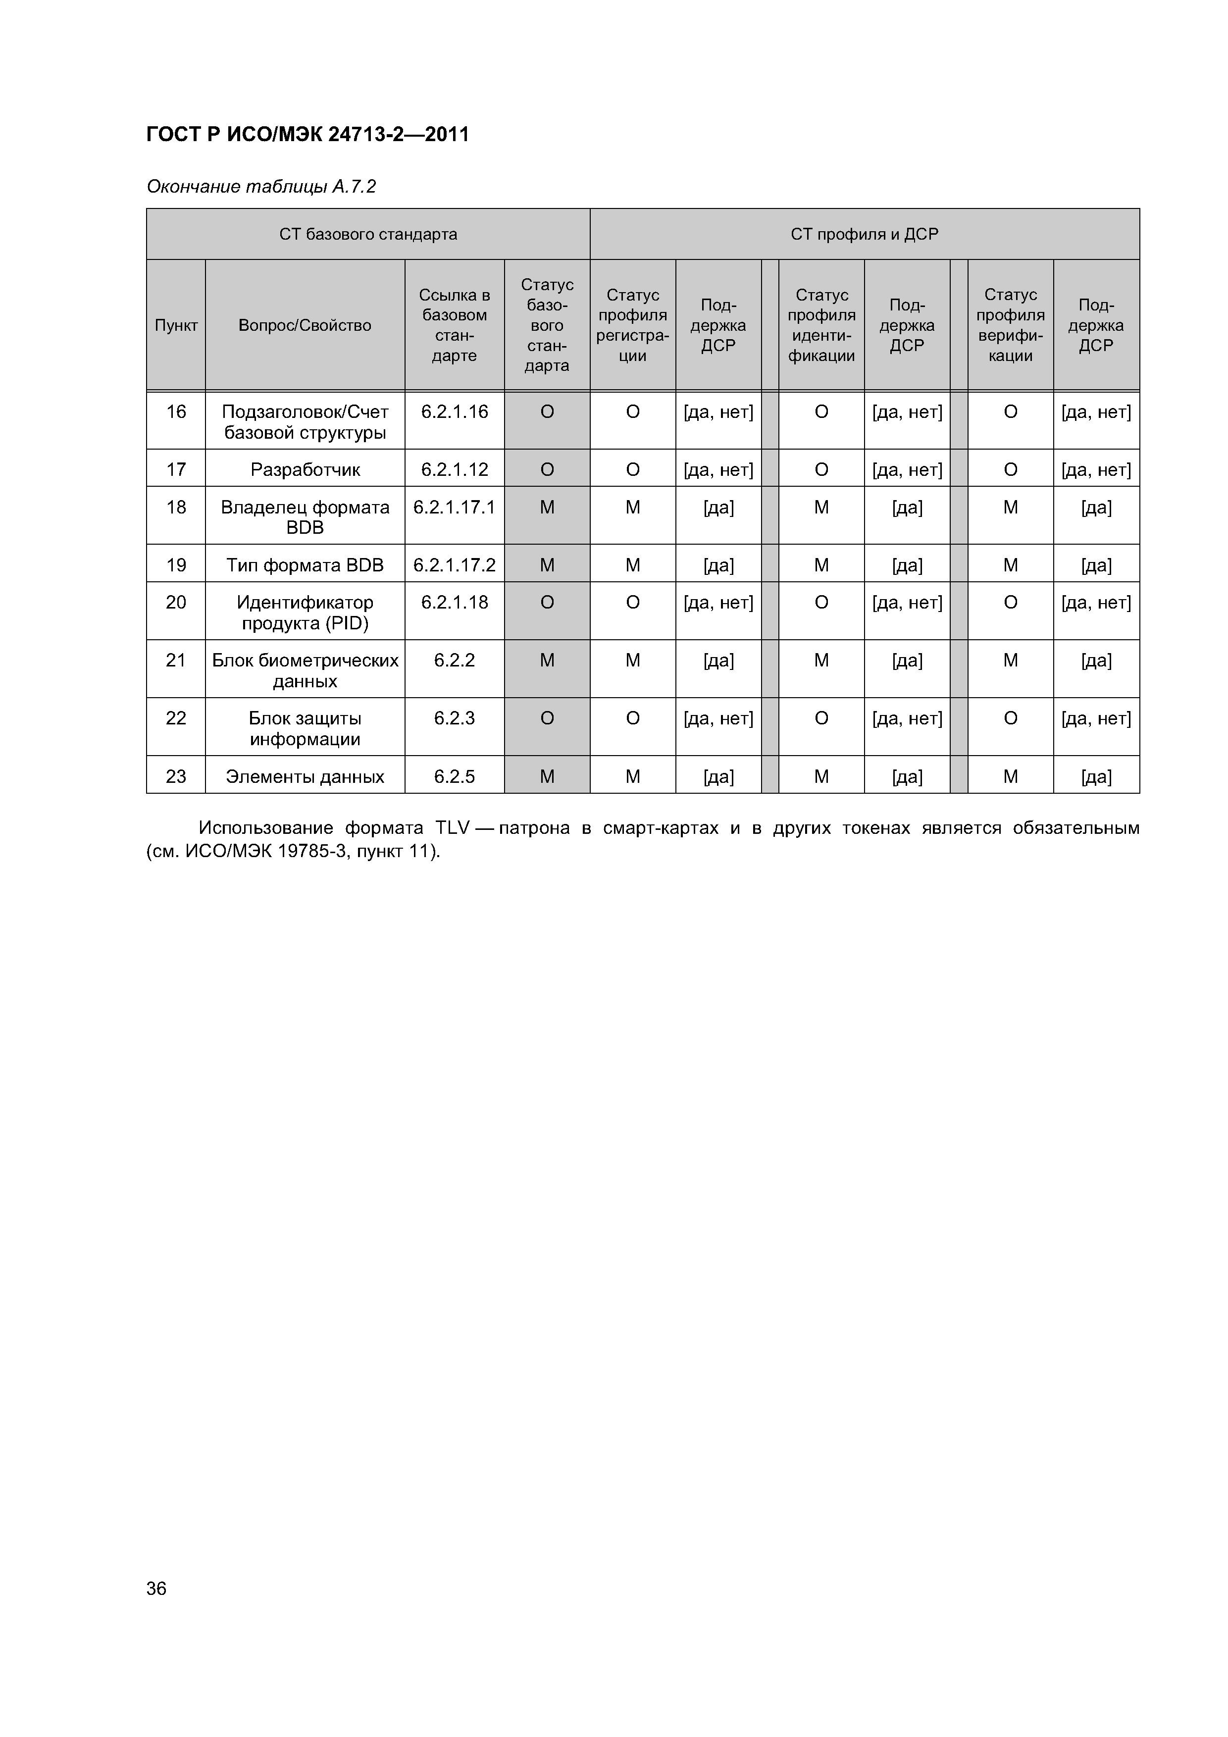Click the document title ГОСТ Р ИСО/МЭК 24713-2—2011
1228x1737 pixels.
click(307, 135)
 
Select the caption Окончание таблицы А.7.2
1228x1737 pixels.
click(261, 186)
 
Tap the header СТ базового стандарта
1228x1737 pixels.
click(368, 235)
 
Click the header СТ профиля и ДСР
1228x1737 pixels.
click(864, 235)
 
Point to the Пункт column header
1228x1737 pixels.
click(176, 325)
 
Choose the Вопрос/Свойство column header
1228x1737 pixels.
click(305, 325)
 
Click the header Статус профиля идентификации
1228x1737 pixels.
click(821, 325)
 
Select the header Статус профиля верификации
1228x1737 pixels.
click(1010, 325)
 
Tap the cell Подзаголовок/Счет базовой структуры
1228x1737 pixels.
click(305, 422)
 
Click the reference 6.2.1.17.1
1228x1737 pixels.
click(454, 508)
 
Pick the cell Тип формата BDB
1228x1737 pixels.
click(305, 565)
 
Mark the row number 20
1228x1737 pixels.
click(176, 602)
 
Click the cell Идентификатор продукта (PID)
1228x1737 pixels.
click(305, 613)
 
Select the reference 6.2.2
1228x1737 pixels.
click(454, 661)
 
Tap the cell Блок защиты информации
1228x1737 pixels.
click(305, 728)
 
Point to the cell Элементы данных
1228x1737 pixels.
click(305, 776)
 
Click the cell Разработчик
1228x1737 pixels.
click(305, 470)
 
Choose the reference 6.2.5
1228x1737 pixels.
click(454, 776)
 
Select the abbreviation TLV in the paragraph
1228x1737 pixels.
click(453, 828)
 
